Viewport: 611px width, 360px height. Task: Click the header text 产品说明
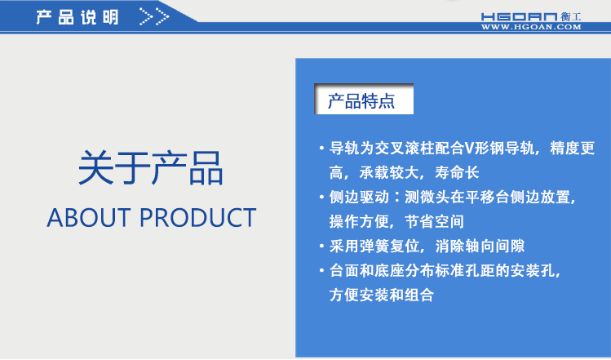pos(77,17)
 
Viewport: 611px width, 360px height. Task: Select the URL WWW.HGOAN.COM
pos(531,27)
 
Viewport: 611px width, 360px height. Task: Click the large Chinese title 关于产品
pos(151,168)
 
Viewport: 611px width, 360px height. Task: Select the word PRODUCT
pos(197,218)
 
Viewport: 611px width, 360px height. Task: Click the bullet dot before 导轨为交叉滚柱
pos(321,149)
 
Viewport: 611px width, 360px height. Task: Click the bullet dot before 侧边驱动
pos(321,198)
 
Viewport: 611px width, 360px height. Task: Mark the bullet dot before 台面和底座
pos(321,270)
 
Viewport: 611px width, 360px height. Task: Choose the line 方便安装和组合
pos(381,295)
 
